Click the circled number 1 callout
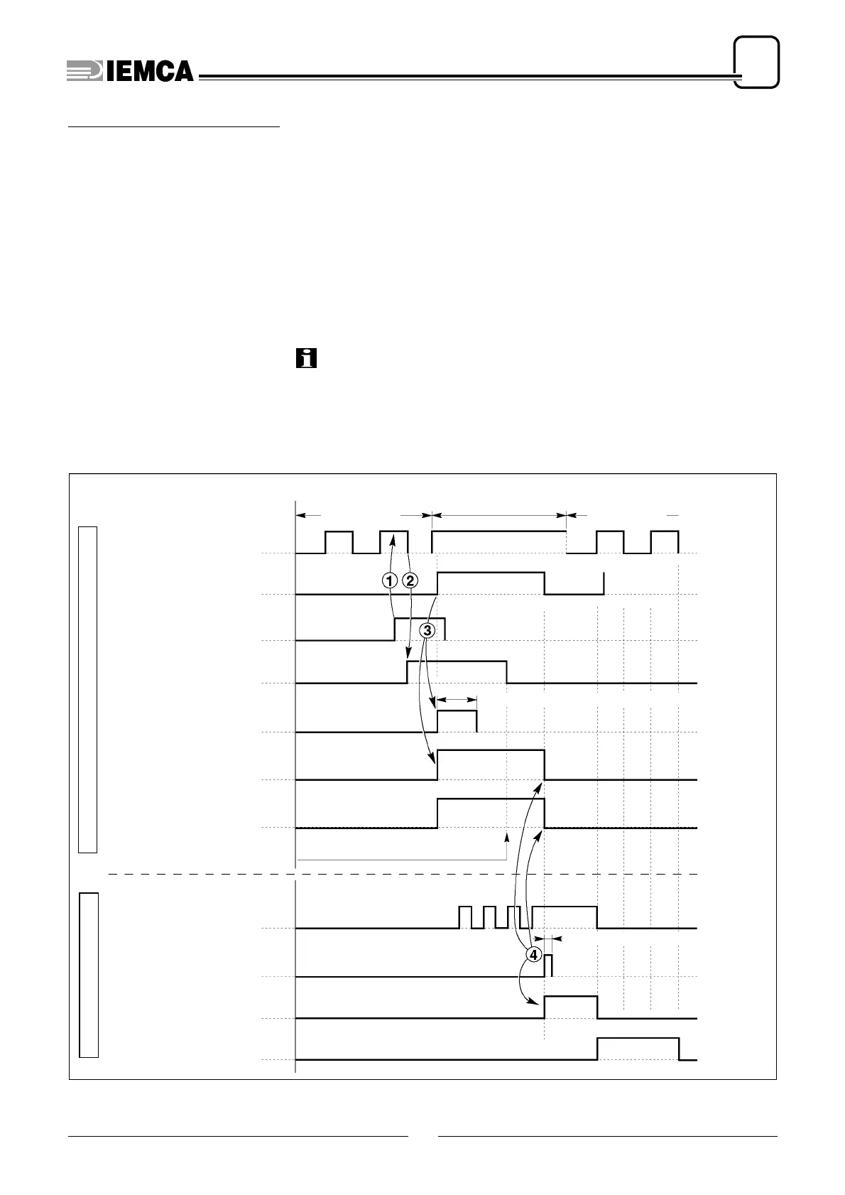[389, 580]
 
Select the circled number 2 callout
[410, 580]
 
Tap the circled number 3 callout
[427, 630]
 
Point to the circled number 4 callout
[533, 954]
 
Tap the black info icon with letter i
[306, 358]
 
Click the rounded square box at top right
[756, 63]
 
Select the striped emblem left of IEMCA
[84, 70]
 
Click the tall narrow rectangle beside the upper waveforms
[87, 689]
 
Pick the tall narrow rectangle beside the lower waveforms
[88, 975]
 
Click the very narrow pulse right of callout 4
[549, 966]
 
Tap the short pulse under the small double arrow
[457, 720]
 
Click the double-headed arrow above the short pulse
[456, 700]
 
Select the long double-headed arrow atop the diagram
[499, 514]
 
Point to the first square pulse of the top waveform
[339, 541]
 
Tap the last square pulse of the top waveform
[665, 541]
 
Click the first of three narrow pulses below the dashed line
[466, 917]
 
